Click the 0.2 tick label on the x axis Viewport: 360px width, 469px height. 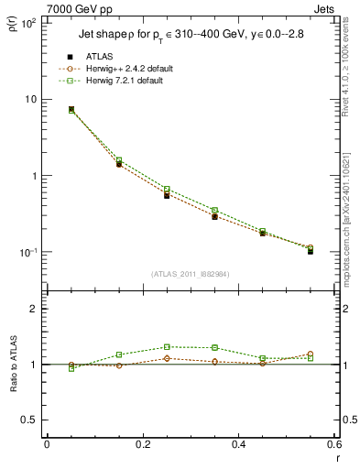[x=142, y=443]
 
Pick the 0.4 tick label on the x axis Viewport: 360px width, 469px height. [x=238, y=443]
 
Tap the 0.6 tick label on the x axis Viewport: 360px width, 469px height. [x=333, y=443]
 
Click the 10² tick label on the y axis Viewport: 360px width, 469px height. [x=27, y=23]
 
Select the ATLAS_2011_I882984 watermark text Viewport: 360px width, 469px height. [x=190, y=274]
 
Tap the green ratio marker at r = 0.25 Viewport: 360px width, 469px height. [x=167, y=347]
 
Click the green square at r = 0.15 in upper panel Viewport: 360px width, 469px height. [x=119, y=160]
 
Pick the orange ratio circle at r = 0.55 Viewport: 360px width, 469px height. [x=311, y=354]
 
